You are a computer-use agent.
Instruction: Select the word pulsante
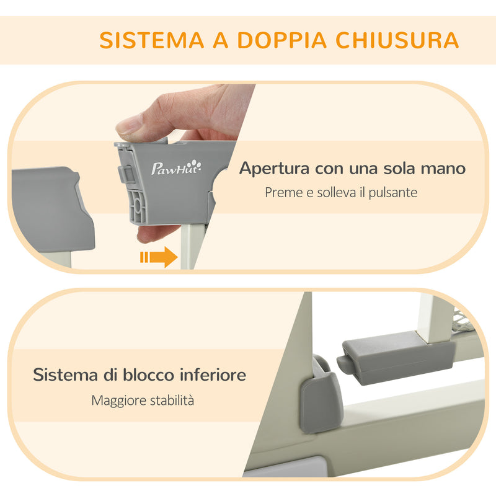pyautogui.click(x=391, y=193)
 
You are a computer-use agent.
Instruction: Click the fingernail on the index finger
pyautogui.click(x=128, y=127)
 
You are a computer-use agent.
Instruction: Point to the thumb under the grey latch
pyautogui.click(x=155, y=234)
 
